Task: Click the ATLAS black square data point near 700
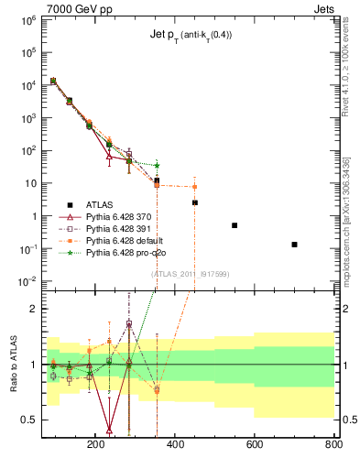pyautogui.click(x=294, y=245)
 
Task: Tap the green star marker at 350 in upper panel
pyautogui.click(x=157, y=166)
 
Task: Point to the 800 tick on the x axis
pyautogui.click(x=333, y=445)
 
